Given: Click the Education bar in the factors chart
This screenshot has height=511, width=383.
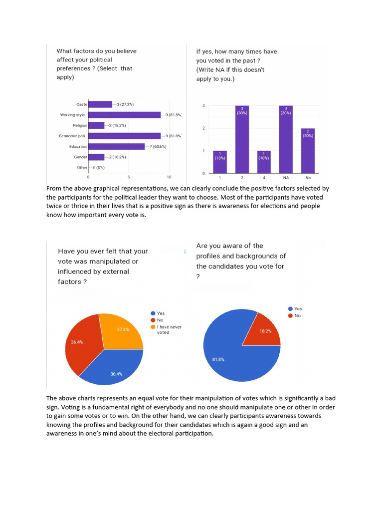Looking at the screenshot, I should point(116,146).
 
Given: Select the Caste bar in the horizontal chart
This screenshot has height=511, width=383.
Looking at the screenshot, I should point(100,104).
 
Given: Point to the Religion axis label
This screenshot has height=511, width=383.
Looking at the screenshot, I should point(80,125).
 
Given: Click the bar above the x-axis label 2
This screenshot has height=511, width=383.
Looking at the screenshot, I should point(242,139).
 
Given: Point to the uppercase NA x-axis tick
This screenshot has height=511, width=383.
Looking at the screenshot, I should point(286,177).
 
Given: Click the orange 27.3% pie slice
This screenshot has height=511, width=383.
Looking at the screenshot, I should point(121,330).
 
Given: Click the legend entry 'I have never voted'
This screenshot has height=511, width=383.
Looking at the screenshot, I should point(169,329).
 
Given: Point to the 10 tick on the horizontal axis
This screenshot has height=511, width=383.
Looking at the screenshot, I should point(169,177).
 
